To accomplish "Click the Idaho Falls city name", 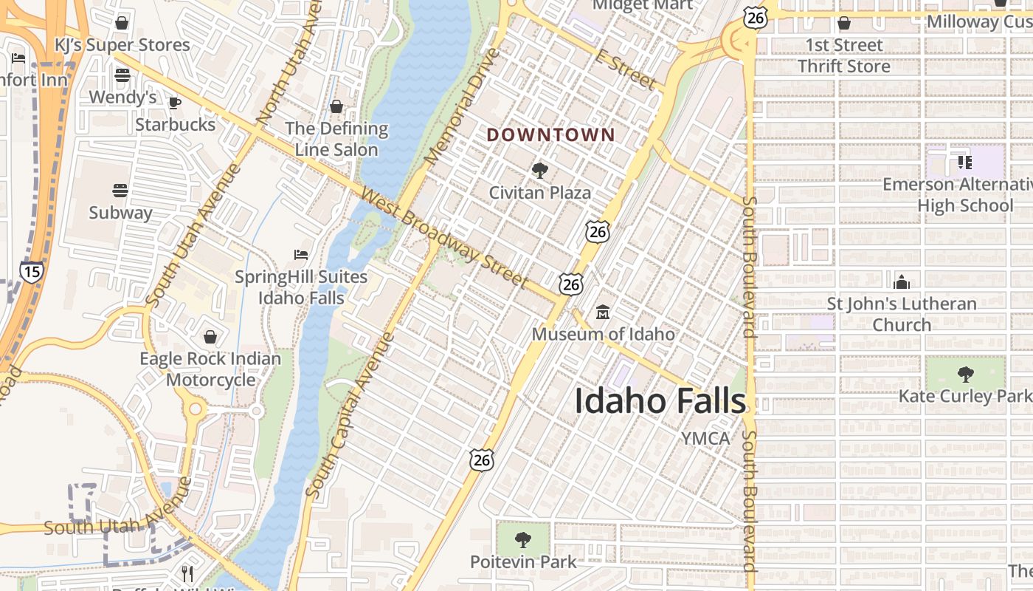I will (x=660, y=401).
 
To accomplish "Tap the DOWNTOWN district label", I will (x=550, y=134).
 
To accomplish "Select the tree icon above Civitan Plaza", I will (x=540, y=171).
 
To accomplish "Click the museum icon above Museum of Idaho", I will (x=603, y=312).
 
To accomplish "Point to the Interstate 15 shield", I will (x=31, y=271).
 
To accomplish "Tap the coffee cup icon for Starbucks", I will (x=175, y=103).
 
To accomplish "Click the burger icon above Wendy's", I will (x=122, y=75).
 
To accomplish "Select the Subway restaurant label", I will (x=120, y=213).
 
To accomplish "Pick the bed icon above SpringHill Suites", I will (x=301, y=255).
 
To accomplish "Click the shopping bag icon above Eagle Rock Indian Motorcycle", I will (x=210, y=337).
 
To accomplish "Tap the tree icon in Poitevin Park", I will (x=523, y=539).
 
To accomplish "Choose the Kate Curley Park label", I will (x=965, y=396).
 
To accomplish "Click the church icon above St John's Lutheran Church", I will (x=901, y=281).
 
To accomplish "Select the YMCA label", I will (x=705, y=438).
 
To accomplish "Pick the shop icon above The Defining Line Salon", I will (x=336, y=106).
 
